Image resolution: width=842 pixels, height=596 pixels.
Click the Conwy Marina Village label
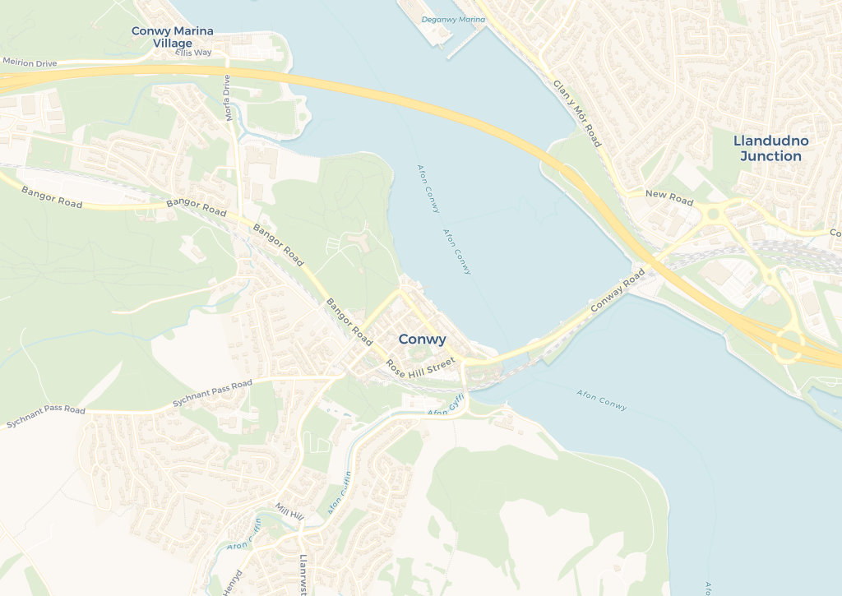tap(173, 37)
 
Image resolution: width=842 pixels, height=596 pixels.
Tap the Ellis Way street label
tap(193, 53)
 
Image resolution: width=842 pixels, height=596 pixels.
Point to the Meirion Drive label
tap(30, 62)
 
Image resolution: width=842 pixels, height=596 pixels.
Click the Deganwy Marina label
tap(453, 19)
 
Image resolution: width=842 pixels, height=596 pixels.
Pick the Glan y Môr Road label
tap(577, 114)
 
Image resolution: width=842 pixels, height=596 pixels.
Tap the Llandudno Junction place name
tap(770, 149)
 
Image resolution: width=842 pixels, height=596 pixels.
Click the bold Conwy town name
tap(422, 339)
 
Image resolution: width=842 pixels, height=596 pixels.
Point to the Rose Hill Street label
tap(420, 365)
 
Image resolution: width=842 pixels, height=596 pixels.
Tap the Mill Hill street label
tap(289, 511)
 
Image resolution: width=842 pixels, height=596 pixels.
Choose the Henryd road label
tap(238, 580)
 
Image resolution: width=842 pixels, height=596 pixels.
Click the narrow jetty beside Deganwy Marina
tap(464, 43)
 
